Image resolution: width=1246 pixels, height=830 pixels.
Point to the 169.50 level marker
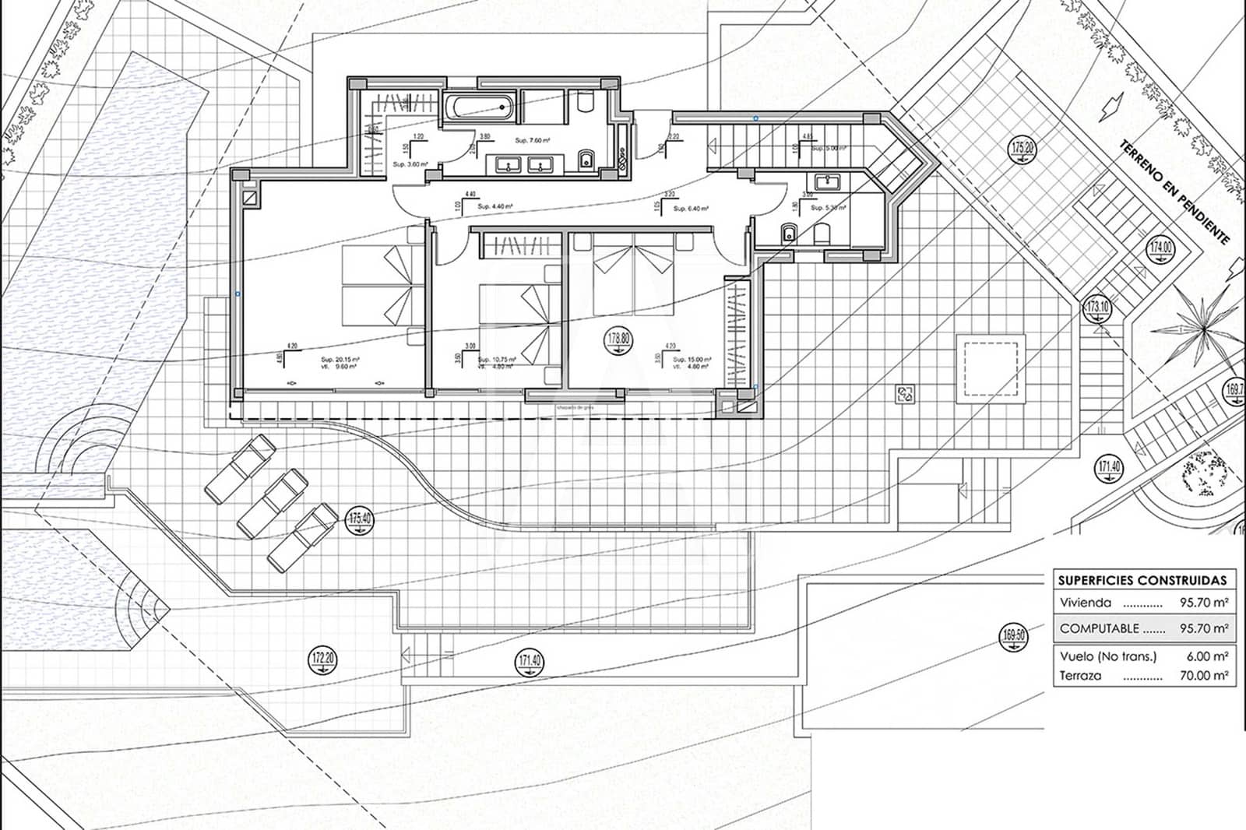point(1013,637)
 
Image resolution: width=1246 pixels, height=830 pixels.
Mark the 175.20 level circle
point(1022,149)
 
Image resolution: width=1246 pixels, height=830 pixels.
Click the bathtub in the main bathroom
point(480,107)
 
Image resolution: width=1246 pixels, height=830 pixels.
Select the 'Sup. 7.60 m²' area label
point(533,141)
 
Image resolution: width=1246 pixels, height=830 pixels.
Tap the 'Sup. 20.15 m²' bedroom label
point(340,360)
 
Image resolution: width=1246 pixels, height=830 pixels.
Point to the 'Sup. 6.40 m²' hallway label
point(691,209)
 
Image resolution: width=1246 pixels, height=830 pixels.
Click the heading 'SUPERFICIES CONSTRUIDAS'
point(1142,580)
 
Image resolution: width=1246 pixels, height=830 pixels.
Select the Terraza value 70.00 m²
point(1204,676)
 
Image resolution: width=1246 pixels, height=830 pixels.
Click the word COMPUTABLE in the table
point(1100,628)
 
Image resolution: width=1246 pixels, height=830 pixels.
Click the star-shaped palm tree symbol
point(1202,328)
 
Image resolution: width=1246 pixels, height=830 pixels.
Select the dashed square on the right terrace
point(990,366)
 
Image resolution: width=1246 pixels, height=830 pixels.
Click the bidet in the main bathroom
point(586,161)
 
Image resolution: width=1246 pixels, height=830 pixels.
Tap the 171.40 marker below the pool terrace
point(530,663)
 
